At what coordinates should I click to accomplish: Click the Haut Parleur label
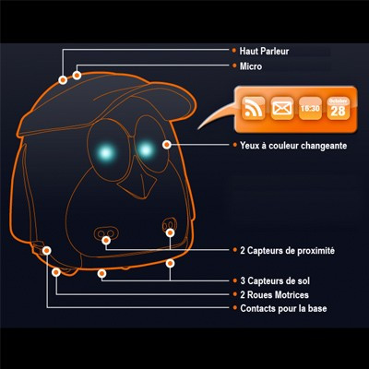tap(264, 51)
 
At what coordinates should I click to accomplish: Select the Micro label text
tap(251, 66)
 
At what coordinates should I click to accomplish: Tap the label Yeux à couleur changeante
tap(293, 146)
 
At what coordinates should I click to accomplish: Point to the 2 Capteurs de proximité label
tap(287, 251)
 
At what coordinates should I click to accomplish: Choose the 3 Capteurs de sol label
tap(275, 280)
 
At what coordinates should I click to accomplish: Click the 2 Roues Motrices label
tap(274, 295)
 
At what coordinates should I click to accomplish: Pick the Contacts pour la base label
tap(283, 308)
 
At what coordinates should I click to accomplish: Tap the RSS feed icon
tap(254, 108)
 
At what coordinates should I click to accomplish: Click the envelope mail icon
tap(282, 108)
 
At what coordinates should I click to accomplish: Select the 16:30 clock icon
tap(310, 108)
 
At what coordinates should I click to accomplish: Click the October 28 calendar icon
tap(339, 108)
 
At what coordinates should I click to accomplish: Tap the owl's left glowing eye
tap(105, 152)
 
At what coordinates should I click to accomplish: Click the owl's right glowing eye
tap(145, 150)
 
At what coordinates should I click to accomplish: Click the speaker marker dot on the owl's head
tap(63, 80)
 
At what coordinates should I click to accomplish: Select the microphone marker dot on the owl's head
tap(77, 75)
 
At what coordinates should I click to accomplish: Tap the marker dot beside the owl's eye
tap(167, 144)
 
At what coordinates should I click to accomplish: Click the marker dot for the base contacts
tap(47, 251)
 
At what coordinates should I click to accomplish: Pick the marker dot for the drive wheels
tap(56, 272)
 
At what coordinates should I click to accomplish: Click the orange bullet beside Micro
tap(234, 65)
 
